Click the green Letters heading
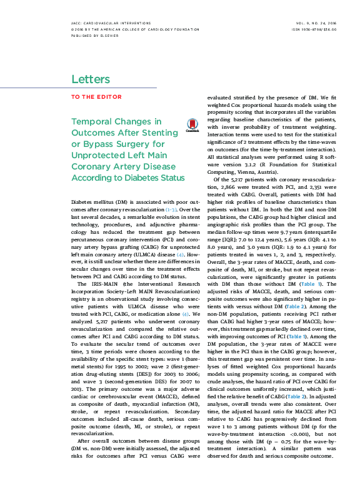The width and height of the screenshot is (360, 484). [91, 79]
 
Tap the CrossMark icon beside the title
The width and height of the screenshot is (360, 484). [192, 125]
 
